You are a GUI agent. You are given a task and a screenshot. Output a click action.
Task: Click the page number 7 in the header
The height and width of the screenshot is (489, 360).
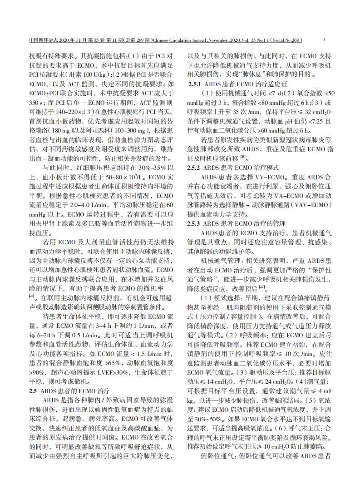[324, 40]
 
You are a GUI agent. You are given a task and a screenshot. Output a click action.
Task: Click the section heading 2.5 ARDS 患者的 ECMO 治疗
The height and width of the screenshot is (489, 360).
[69, 378]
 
